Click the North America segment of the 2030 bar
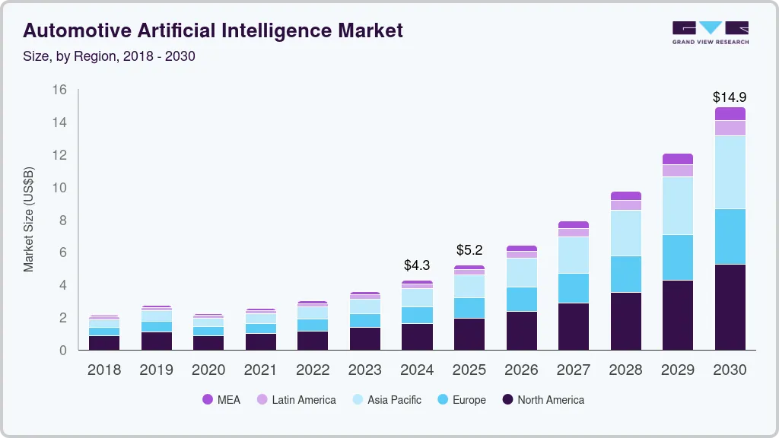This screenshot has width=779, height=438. point(730,307)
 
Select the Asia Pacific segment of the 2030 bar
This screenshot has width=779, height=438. point(730,172)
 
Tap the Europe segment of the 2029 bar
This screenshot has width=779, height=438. point(677,257)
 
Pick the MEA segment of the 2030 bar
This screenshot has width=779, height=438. point(730,113)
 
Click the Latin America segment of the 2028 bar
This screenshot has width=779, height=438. point(625,205)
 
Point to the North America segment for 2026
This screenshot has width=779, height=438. point(521,330)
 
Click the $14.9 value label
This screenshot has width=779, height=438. point(730,97)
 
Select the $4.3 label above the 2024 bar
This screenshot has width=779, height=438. point(417,265)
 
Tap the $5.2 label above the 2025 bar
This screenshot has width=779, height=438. point(469,250)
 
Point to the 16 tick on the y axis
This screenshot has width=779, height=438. point(59,90)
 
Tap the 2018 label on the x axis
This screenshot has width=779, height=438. point(104,370)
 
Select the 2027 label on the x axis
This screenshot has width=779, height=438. point(573,370)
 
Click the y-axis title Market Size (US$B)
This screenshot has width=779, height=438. point(29,220)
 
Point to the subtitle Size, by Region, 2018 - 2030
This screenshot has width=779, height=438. point(110,56)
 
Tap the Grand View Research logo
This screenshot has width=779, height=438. point(710,32)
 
